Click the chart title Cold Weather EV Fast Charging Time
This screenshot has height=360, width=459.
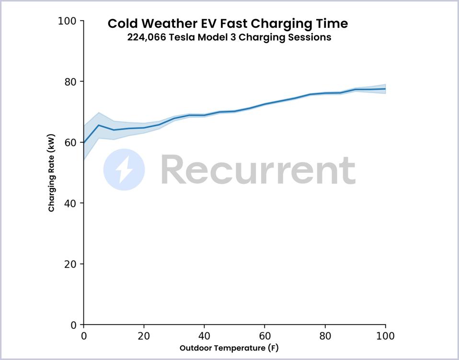point(228,23)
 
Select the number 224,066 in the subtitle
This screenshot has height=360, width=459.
point(147,37)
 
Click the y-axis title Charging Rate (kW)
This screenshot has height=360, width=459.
point(51,173)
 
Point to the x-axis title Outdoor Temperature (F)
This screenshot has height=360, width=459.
point(229,348)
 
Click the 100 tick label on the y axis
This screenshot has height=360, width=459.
point(67,21)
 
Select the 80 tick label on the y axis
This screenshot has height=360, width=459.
point(70,82)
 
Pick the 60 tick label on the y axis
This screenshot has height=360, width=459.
point(70,143)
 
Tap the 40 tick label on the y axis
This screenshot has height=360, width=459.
point(70,203)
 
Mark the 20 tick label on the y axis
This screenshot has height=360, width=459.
point(70,264)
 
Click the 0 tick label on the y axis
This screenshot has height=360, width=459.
point(73,325)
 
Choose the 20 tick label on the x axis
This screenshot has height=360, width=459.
point(144,336)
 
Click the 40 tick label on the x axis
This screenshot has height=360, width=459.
point(204,336)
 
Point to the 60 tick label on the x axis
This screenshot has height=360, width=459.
point(264,336)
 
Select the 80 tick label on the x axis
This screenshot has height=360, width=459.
point(325,336)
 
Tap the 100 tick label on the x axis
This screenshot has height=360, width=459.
point(385,336)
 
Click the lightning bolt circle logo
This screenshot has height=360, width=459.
point(124,169)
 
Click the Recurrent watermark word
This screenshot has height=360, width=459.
point(258,169)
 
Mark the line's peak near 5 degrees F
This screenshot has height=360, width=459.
point(99,125)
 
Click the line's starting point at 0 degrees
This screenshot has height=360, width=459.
point(84,143)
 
